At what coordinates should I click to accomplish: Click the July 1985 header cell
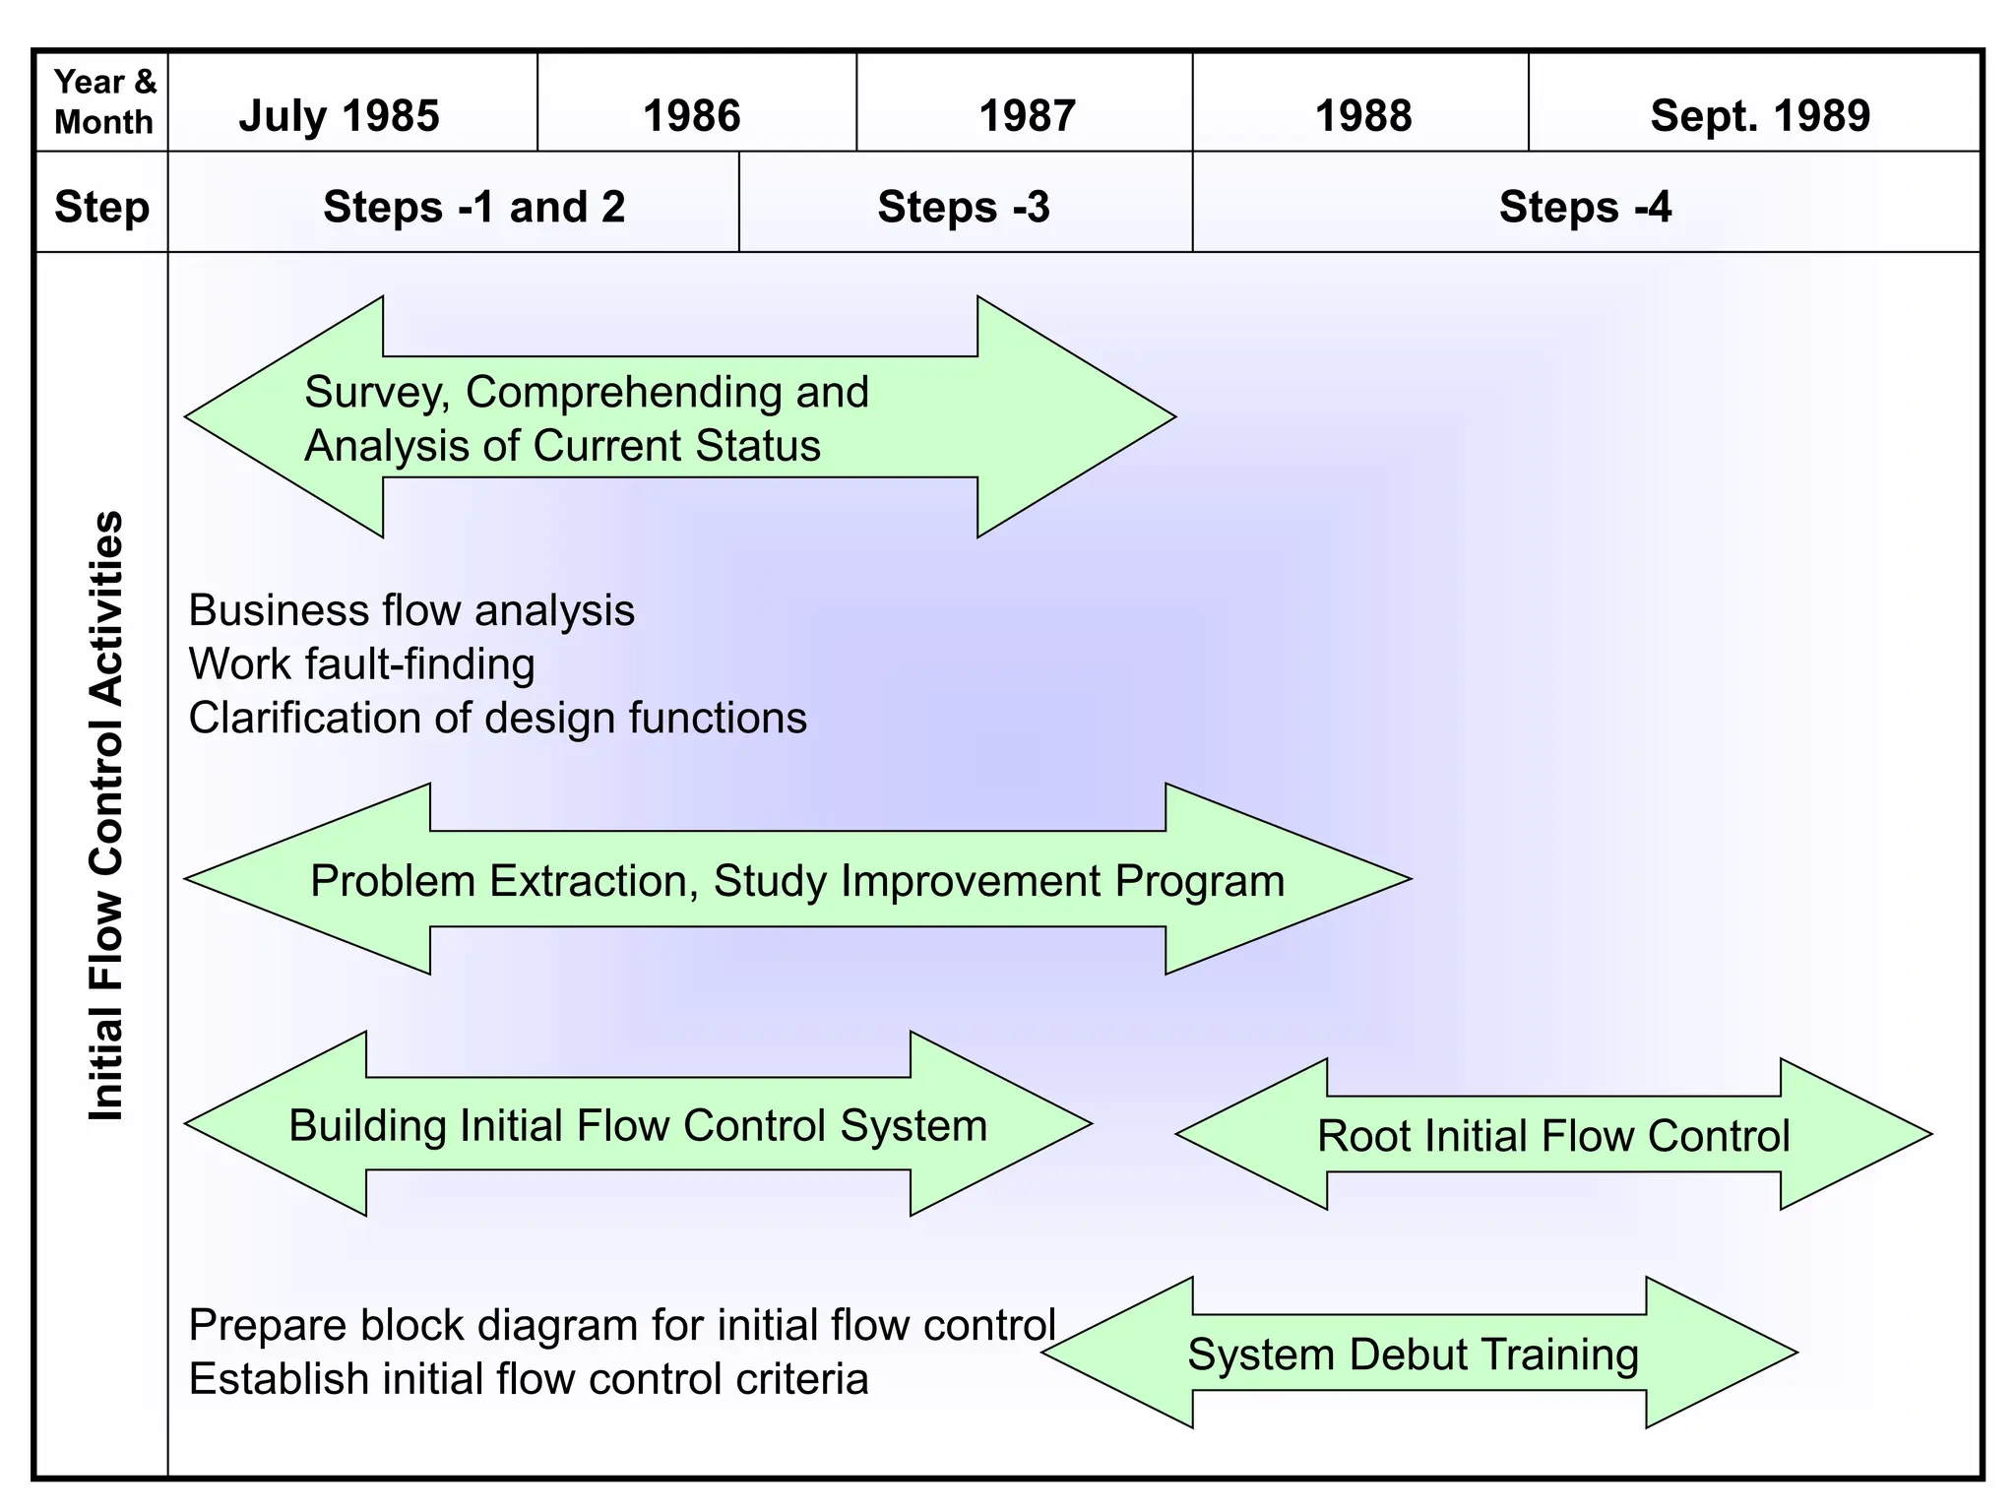point(340,115)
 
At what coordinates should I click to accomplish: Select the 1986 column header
point(691,115)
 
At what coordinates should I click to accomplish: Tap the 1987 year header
point(1027,115)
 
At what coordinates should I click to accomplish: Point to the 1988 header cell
point(1362,115)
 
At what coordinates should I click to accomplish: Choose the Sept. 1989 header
point(1759,115)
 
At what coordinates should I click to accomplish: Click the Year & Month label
point(103,101)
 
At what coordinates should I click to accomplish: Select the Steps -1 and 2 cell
point(473,207)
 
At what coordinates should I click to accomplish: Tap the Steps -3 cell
point(964,207)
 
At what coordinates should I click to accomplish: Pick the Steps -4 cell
point(1585,207)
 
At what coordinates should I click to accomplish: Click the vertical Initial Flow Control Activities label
point(106,815)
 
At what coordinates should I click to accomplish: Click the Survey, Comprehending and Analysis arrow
point(679,417)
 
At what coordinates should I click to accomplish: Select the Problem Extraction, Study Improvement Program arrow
point(797,880)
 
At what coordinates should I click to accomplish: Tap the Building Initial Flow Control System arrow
point(638,1125)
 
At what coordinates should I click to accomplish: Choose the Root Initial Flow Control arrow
point(1553,1135)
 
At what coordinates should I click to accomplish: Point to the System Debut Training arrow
point(1414,1354)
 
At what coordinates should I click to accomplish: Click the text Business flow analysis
point(411,610)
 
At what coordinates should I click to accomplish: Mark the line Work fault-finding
point(361,664)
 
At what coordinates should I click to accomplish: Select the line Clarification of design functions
point(497,718)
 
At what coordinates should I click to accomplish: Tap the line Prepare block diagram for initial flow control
point(621,1325)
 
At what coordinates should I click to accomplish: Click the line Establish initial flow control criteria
point(529,1379)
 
